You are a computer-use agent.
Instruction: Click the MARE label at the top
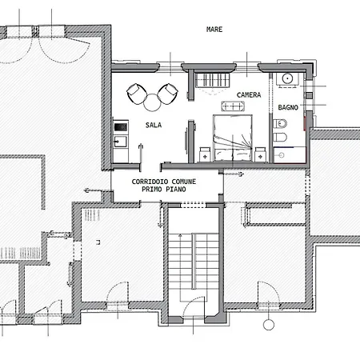tap(214, 30)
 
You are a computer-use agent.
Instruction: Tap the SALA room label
tap(154, 125)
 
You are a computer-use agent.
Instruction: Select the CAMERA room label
tap(249, 95)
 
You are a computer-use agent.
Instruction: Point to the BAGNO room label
tap(288, 107)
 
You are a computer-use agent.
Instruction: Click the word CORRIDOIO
tap(150, 182)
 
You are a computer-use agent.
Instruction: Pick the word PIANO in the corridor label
tap(176, 190)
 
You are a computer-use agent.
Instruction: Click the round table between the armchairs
tap(152, 102)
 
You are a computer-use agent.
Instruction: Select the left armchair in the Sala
tap(137, 94)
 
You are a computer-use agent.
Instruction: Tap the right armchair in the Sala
tap(168, 94)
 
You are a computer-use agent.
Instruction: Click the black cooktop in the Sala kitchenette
tap(121, 127)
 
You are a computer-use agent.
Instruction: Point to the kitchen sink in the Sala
tap(121, 142)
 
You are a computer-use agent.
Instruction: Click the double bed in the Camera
tap(233, 138)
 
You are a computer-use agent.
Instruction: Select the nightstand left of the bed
tap(205, 154)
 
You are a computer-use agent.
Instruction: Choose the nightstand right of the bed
tap(260, 154)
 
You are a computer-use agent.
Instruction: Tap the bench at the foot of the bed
tap(233, 106)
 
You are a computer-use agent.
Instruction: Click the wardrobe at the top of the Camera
tap(213, 80)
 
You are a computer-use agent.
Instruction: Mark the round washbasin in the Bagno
tap(287, 78)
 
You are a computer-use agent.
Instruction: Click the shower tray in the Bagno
tap(290, 154)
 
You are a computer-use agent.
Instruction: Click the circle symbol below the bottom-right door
tap(269, 325)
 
